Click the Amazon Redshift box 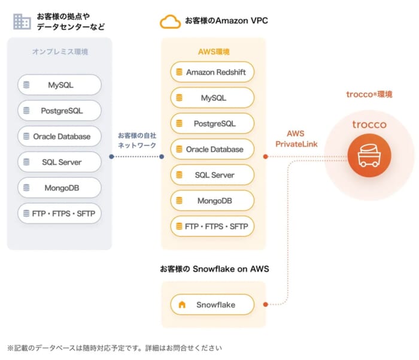212,72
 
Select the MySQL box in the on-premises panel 60,85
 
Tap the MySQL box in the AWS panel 212,98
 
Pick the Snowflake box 212,304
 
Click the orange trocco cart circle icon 369,155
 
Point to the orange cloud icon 170,22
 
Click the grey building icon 22,22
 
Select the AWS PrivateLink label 296,138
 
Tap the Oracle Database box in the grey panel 60,136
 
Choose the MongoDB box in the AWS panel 212,201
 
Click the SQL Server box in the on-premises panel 60,162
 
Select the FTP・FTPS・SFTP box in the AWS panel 212,226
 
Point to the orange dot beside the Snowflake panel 265,304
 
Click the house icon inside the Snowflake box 182,304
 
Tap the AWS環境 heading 214,52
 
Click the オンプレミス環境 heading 60,52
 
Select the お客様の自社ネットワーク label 137,140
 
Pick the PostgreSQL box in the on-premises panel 60,110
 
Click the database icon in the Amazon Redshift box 179,72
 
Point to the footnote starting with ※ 114,348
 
